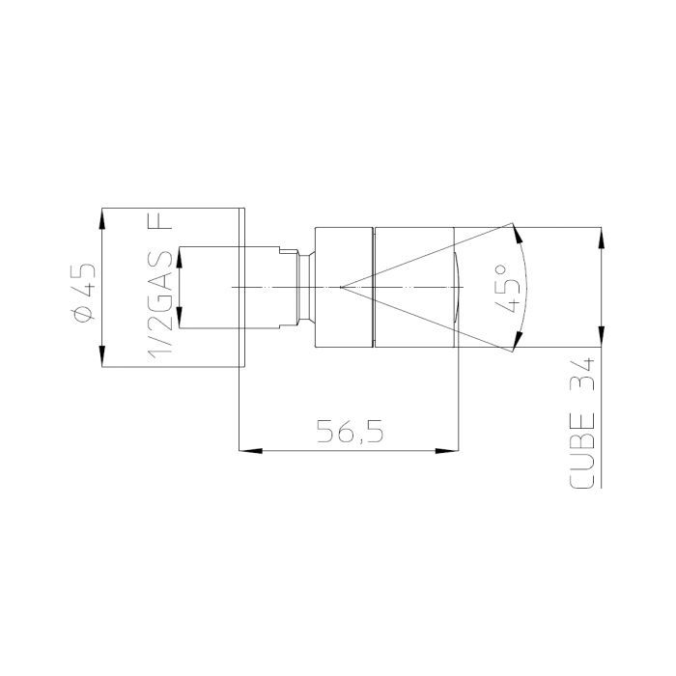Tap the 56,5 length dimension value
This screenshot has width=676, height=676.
[350, 432]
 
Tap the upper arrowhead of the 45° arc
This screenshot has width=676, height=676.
[518, 234]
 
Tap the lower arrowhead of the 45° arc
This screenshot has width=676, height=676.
[518, 340]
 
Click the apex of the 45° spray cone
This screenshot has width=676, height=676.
[341, 287]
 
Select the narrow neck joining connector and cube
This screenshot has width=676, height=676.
[305, 287]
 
